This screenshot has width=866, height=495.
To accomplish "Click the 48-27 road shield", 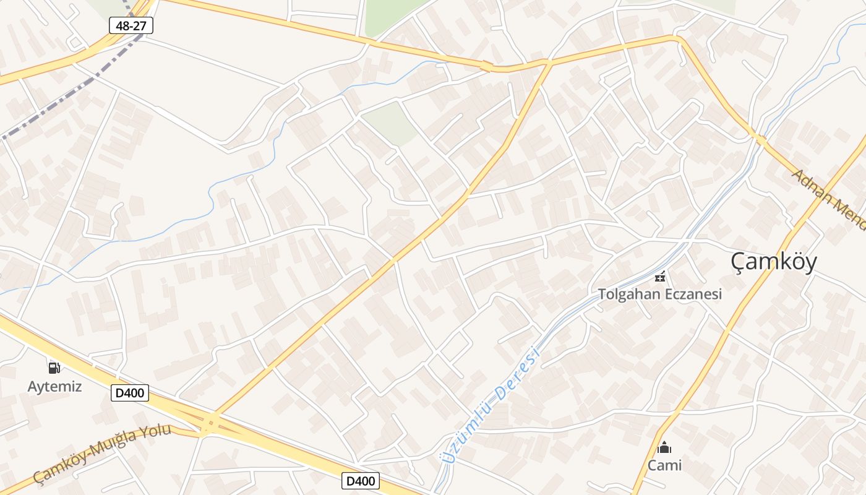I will [x=131, y=25].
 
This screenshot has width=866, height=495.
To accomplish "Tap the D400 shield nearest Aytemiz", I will [x=130, y=392].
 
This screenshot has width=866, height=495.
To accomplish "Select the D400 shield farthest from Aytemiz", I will [x=360, y=481].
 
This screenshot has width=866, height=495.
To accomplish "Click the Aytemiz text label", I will [x=54, y=387].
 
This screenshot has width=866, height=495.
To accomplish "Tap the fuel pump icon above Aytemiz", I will [x=54, y=368].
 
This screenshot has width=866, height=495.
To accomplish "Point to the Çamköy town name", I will [x=773, y=261].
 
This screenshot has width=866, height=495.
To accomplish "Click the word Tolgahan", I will [x=628, y=294].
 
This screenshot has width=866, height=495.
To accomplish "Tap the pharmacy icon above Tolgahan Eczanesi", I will [x=661, y=277].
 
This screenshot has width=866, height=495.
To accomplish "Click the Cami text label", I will [x=664, y=465].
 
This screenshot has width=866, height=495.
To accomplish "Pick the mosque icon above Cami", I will [x=664, y=447].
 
